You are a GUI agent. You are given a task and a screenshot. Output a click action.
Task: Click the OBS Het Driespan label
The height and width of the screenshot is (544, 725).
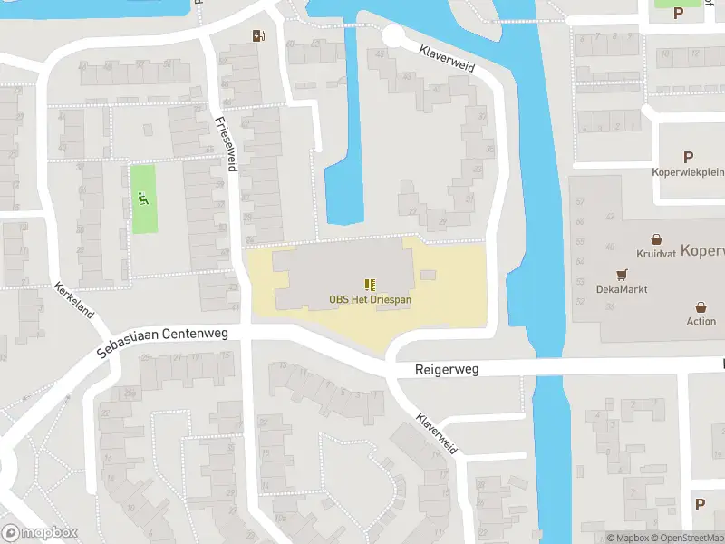(369, 300)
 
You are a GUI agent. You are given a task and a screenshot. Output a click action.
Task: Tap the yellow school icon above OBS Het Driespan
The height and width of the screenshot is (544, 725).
(370, 285)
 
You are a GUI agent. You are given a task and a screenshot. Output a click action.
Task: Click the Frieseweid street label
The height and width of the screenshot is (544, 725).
(227, 145)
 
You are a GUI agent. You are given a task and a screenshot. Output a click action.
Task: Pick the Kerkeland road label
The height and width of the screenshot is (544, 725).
(74, 296)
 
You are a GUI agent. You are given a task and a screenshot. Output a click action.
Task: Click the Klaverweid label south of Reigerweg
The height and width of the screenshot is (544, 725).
(437, 433)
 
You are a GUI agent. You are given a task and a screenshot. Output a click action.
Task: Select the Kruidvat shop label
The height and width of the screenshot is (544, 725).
(656, 254)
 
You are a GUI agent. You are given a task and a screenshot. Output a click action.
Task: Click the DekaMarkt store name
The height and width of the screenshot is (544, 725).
(620, 290)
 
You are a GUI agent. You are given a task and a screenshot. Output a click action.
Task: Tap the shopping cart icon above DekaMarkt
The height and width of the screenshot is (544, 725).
(622, 275)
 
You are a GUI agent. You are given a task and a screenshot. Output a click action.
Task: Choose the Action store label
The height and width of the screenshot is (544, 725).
(701, 321)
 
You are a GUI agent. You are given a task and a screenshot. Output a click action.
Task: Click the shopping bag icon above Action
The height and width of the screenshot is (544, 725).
(701, 307)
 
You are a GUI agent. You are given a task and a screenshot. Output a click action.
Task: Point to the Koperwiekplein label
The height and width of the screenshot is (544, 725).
(688, 171)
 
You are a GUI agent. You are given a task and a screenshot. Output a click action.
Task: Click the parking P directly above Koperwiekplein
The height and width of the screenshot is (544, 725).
(688, 157)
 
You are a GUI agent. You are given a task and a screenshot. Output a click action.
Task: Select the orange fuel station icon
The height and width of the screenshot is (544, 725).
(258, 35)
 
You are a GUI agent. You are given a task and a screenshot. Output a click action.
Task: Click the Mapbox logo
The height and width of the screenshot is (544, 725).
(40, 533)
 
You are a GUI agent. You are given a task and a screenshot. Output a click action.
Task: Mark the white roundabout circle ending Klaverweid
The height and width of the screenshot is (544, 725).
(392, 36)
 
